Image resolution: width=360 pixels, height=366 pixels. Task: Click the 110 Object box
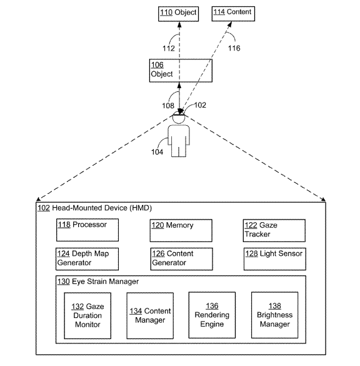178,14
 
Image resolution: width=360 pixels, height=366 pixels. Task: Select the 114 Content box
233,14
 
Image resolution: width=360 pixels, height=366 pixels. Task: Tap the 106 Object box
181,71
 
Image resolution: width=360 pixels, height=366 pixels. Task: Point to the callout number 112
169,48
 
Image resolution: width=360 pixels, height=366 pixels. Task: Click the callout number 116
234,48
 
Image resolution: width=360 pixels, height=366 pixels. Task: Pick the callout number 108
168,106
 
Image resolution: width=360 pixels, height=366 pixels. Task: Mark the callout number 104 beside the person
157,152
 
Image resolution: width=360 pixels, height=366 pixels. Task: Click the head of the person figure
179,118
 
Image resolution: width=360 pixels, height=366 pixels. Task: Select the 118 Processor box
87,230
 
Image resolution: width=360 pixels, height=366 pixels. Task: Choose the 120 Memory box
181,230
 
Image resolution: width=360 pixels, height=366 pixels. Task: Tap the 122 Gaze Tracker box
274,230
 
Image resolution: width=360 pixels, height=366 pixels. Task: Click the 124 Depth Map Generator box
87,259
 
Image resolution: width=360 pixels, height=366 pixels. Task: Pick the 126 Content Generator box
182,259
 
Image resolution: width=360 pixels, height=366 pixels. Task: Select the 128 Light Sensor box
275,259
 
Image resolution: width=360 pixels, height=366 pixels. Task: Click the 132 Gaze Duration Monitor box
87,315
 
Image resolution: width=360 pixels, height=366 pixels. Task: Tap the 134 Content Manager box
150,315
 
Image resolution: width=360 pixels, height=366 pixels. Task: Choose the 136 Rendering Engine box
212,315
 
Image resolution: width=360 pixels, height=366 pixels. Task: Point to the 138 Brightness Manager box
274,315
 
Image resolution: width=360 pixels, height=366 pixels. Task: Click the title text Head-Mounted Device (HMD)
102,208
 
